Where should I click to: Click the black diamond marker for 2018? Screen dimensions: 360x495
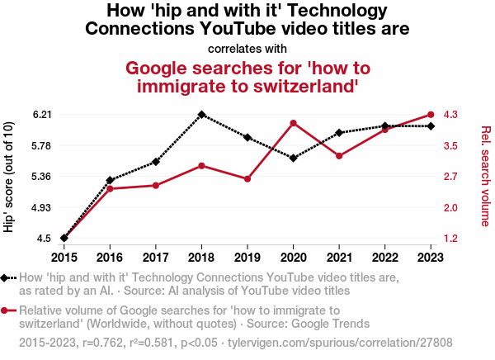[x=201, y=115]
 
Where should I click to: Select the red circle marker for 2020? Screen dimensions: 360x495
[x=294, y=123]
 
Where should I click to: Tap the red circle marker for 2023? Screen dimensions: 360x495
[x=431, y=115]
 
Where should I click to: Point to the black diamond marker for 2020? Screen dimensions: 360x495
[x=294, y=158]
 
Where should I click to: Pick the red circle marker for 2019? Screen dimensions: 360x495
[x=247, y=179]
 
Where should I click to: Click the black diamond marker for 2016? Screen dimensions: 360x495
[x=110, y=180]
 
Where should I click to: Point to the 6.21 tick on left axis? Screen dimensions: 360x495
[x=41, y=115]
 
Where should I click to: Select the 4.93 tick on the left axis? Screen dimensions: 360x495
[x=41, y=207]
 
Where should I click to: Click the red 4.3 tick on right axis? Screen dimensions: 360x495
[x=452, y=115]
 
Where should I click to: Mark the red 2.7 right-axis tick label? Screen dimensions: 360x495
[x=452, y=177]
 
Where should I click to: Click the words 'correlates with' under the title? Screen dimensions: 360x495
[x=247, y=48]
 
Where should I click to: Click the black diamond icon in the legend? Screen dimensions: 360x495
[x=7, y=278]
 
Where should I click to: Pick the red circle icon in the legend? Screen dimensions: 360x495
[x=7, y=310]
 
